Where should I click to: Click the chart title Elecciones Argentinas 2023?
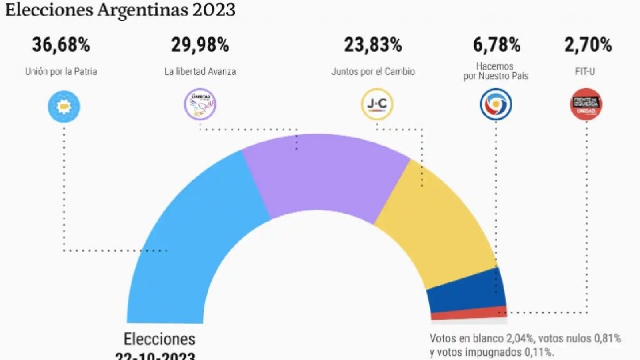(x=120, y=10)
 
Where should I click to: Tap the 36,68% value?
(x=61, y=45)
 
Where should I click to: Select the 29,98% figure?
(x=200, y=45)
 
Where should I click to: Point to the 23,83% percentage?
(x=373, y=45)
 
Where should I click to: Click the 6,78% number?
(x=496, y=45)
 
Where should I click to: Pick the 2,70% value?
(x=588, y=45)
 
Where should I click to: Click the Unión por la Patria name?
(x=61, y=72)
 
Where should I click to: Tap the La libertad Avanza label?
(x=200, y=72)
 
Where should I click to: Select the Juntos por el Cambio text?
(x=373, y=72)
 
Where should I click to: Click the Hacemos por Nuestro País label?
(x=496, y=71)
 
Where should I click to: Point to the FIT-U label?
(x=584, y=72)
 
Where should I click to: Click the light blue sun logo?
(x=64, y=106)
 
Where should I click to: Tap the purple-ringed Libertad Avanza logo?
(x=200, y=104)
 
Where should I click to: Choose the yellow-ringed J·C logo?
(x=377, y=104)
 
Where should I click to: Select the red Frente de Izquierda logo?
(x=586, y=104)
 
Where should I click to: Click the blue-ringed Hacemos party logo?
(x=496, y=104)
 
